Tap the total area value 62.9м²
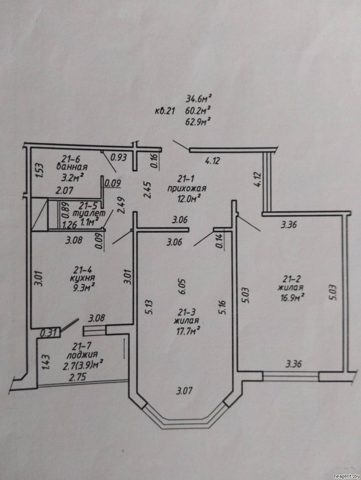click(x=198, y=122)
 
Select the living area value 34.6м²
click(x=199, y=99)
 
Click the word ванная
click(x=72, y=167)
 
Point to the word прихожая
click(x=187, y=189)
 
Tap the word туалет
click(x=87, y=213)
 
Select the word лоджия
click(x=82, y=355)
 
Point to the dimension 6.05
click(x=182, y=287)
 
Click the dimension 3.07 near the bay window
click(x=184, y=391)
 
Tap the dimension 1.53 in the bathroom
click(x=39, y=170)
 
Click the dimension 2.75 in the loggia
click(x=77, y=377)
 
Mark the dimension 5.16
click(x=222, y=307)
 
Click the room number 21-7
click(x=81, y=346)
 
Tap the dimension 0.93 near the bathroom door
click(x=118, y=157)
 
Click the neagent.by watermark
click(x=347, y=476)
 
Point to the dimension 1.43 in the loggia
click(x=46, y=362)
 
